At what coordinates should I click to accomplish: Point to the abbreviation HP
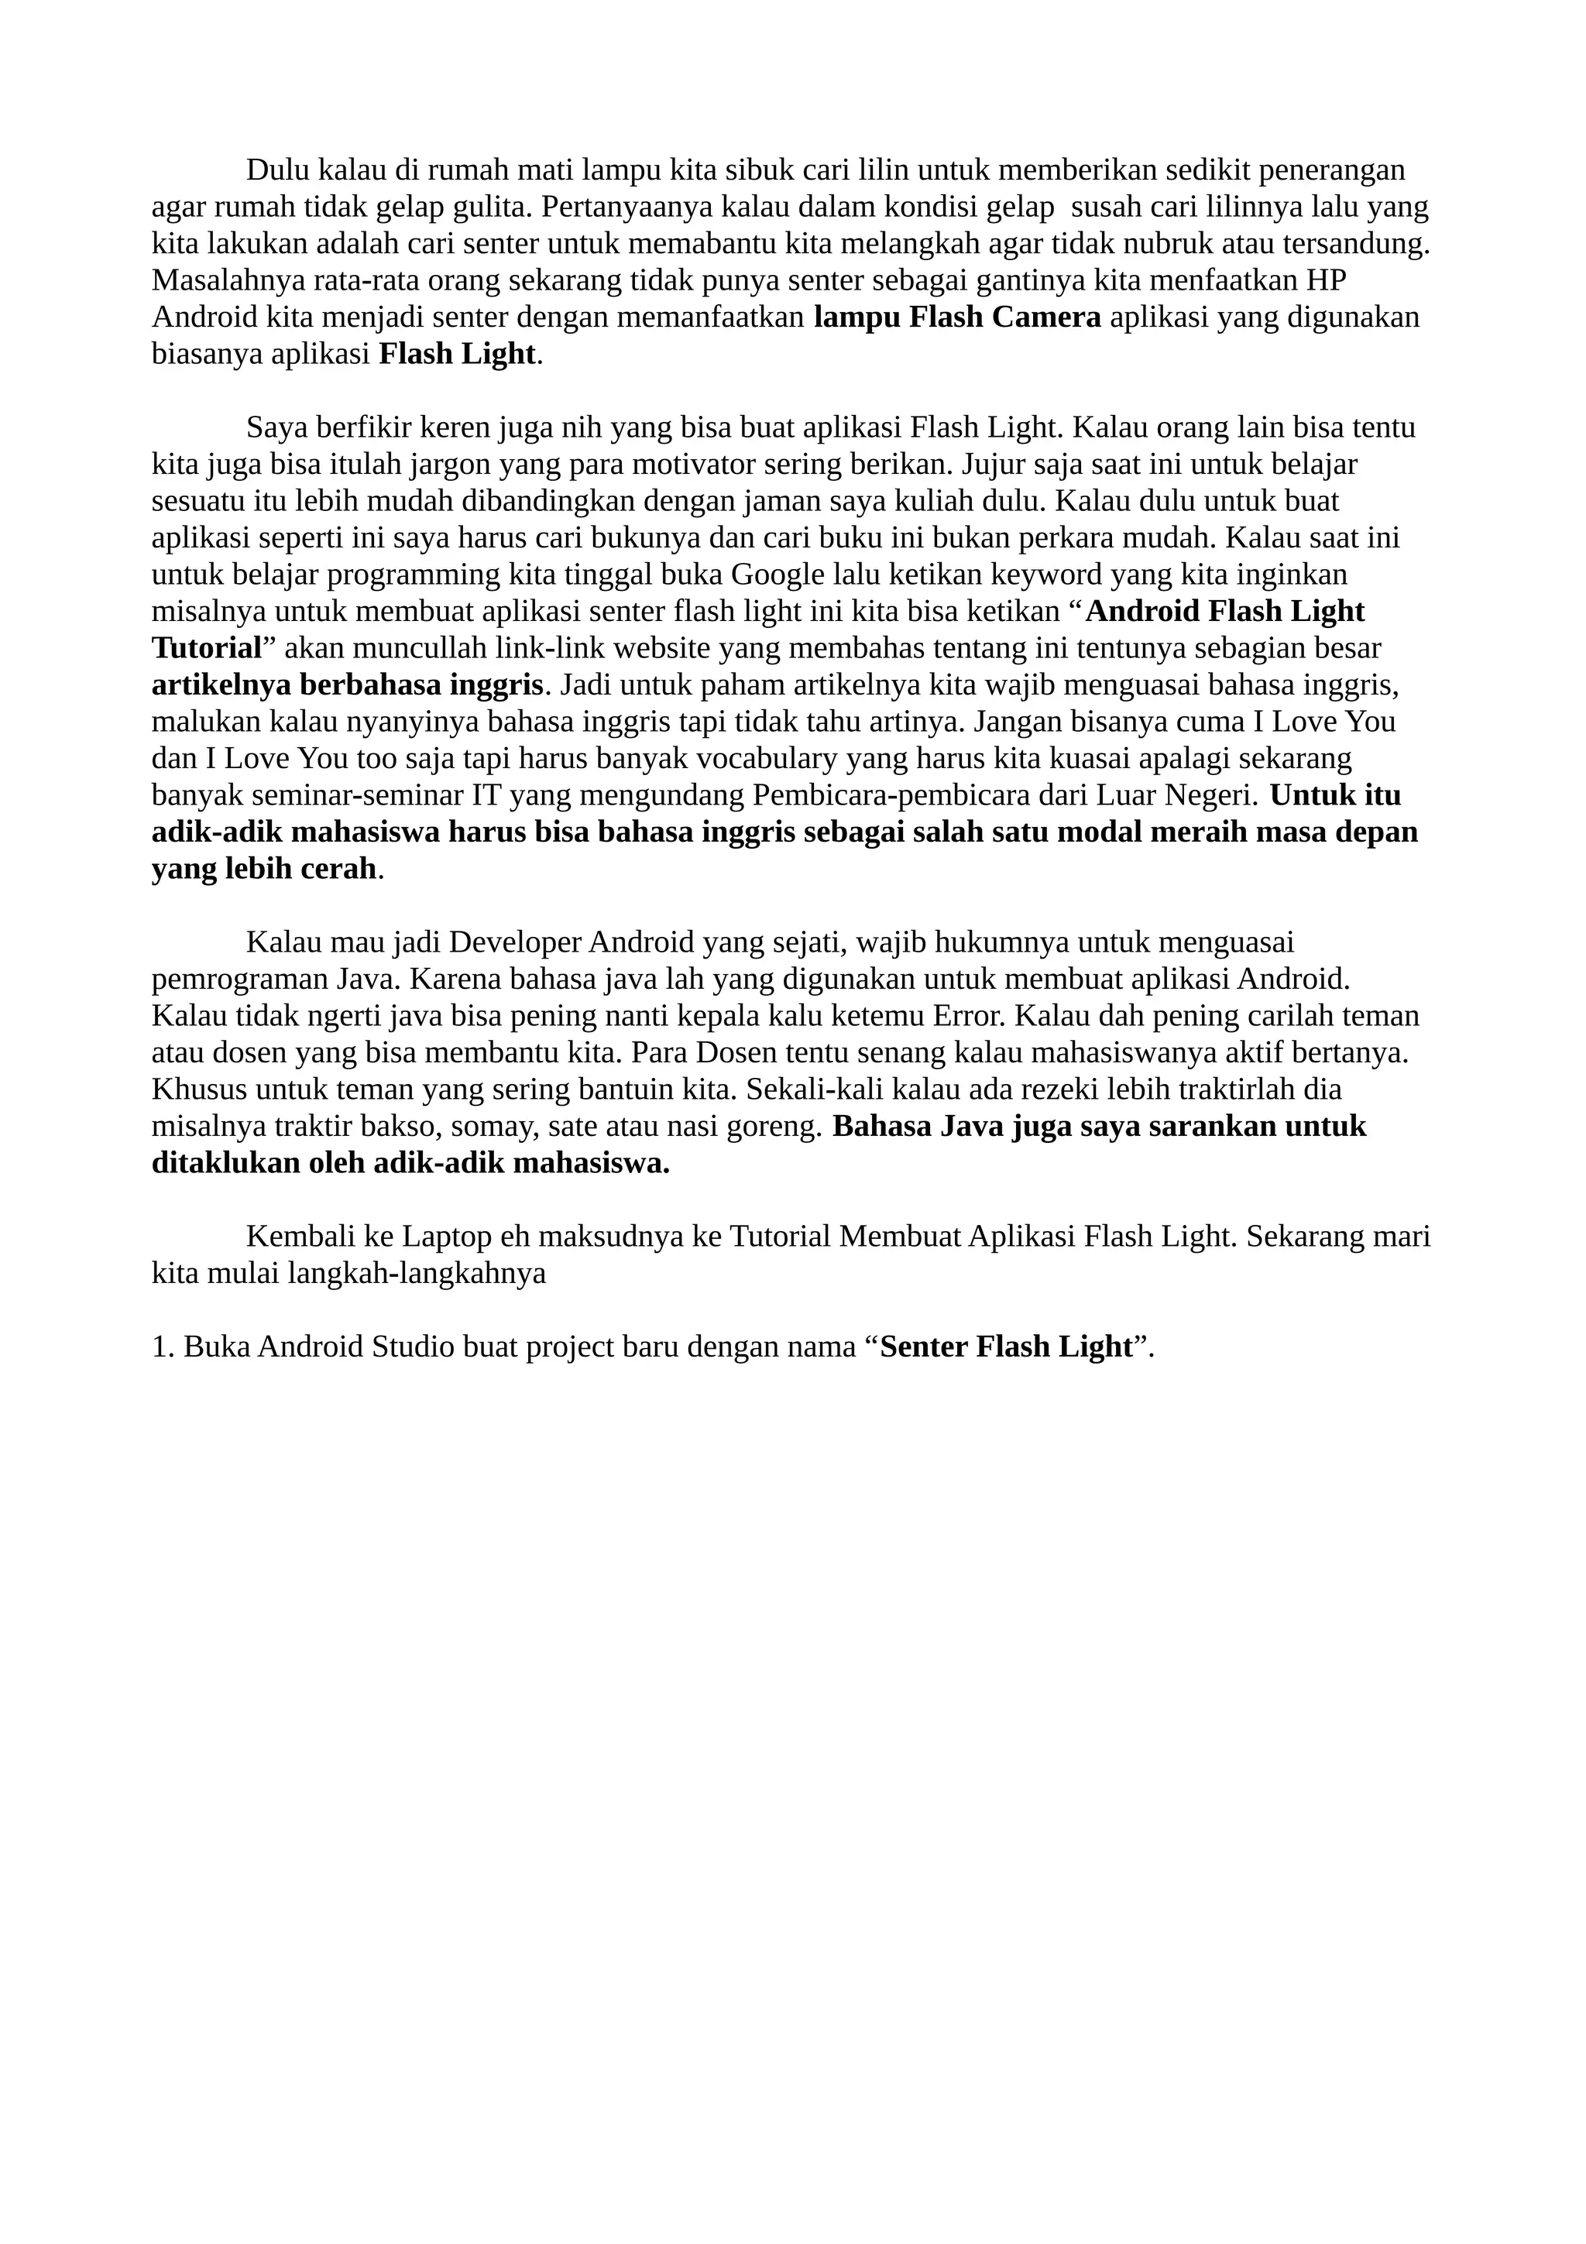pos(1325,280)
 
